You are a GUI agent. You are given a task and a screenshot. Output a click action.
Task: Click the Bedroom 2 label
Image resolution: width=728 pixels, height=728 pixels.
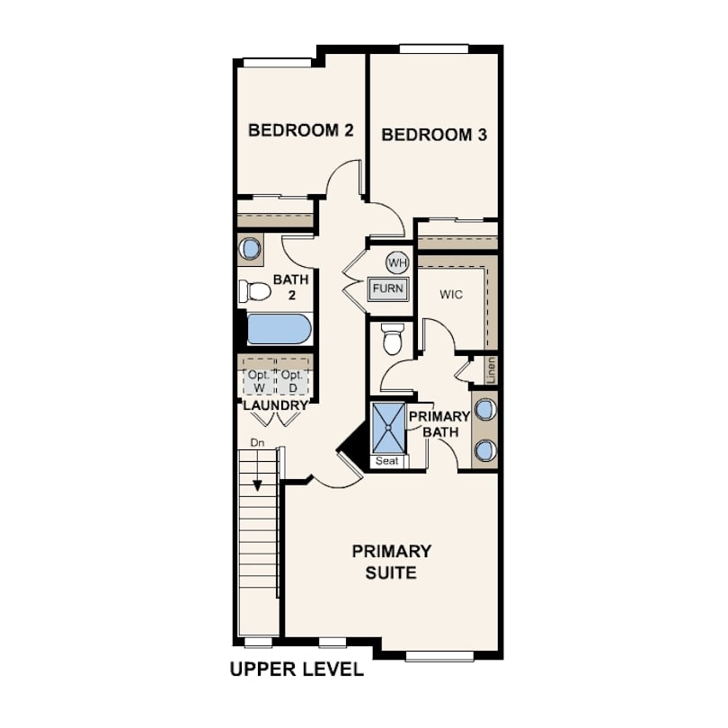pos(301,130)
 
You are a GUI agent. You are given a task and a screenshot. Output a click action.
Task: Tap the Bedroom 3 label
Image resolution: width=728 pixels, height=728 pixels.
pos(434,135)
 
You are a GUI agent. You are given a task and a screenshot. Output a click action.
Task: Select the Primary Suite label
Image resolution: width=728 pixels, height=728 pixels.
pos(391,562)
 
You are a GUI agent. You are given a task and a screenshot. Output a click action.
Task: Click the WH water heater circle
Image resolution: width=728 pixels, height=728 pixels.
pos(397,263)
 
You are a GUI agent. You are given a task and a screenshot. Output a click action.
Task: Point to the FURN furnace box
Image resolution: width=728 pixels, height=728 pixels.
pos(388,289)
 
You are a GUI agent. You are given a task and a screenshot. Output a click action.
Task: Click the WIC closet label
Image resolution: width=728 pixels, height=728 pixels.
pos(451,295)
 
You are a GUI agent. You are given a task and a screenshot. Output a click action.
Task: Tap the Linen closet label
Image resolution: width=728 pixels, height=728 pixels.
pos(492,370)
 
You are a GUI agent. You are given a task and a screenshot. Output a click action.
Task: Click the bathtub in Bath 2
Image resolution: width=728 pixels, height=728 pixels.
pos(279,329)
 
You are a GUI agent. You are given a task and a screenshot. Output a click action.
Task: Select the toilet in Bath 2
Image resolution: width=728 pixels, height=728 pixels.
pos(254,291)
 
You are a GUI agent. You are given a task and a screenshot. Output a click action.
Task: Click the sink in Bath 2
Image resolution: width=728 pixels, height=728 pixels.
pos(250,249)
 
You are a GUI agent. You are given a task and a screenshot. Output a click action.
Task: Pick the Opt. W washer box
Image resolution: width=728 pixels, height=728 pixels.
pos(260,381)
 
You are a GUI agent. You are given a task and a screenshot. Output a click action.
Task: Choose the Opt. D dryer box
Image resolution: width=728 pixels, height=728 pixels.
pos(292,381)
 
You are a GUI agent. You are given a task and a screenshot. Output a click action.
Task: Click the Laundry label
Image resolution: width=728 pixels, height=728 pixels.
pos(276,405)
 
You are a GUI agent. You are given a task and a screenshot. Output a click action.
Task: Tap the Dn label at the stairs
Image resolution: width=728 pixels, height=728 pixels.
pos(257,443)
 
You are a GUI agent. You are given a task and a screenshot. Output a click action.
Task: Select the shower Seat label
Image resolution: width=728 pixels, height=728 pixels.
pos(387,461)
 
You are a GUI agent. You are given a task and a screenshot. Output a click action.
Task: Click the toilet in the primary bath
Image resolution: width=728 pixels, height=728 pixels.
pos(393,340)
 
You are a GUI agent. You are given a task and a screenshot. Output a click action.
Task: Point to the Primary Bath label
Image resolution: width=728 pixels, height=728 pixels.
pos(439,424)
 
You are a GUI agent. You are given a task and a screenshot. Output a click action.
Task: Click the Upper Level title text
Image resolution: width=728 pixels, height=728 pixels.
pos(297,670)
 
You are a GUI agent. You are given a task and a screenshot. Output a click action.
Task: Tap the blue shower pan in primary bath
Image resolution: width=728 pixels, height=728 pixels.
pos(388,428)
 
